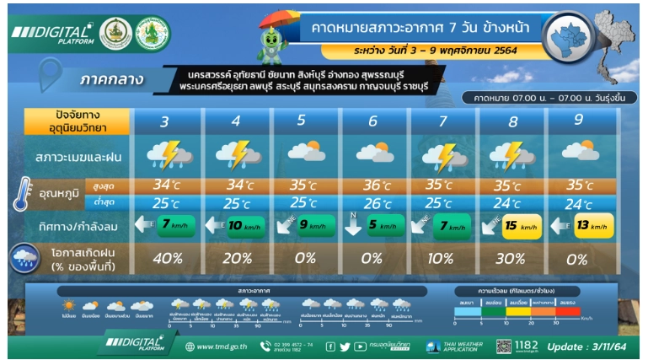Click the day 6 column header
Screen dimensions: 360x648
(x=372, y=121)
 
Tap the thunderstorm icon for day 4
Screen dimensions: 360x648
(x=236, y=155)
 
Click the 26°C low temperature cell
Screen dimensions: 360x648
(x=372, y=203)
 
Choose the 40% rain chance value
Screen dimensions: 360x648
(x=166, y=259)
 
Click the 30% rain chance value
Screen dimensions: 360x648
(x=510, y=259)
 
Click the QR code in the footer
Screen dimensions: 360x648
(x=502, y=346)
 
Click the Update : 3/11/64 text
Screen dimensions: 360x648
(x=590, y=346)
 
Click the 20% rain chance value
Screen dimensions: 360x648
(x=235, y=259)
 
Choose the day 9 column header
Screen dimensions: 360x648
(x=578, y=121)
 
